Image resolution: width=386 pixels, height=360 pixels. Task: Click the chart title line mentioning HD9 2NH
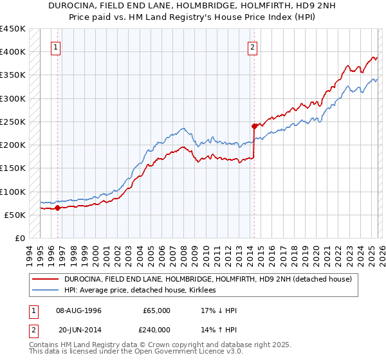pos(192,6)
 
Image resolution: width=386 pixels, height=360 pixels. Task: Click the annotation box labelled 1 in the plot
pos(57,47)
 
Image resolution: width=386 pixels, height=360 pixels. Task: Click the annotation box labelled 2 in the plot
pos(253,47)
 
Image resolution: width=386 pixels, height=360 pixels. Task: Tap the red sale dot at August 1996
pos(57,208)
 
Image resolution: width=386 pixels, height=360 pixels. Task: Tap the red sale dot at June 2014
pos(254,126)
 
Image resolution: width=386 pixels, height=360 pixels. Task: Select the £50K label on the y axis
pos(14,215)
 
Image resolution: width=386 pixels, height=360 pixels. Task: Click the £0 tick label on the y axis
pos(19,238)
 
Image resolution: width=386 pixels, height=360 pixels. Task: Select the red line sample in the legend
pos(44,280)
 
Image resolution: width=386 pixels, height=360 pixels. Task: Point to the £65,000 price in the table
pos(156,310)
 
